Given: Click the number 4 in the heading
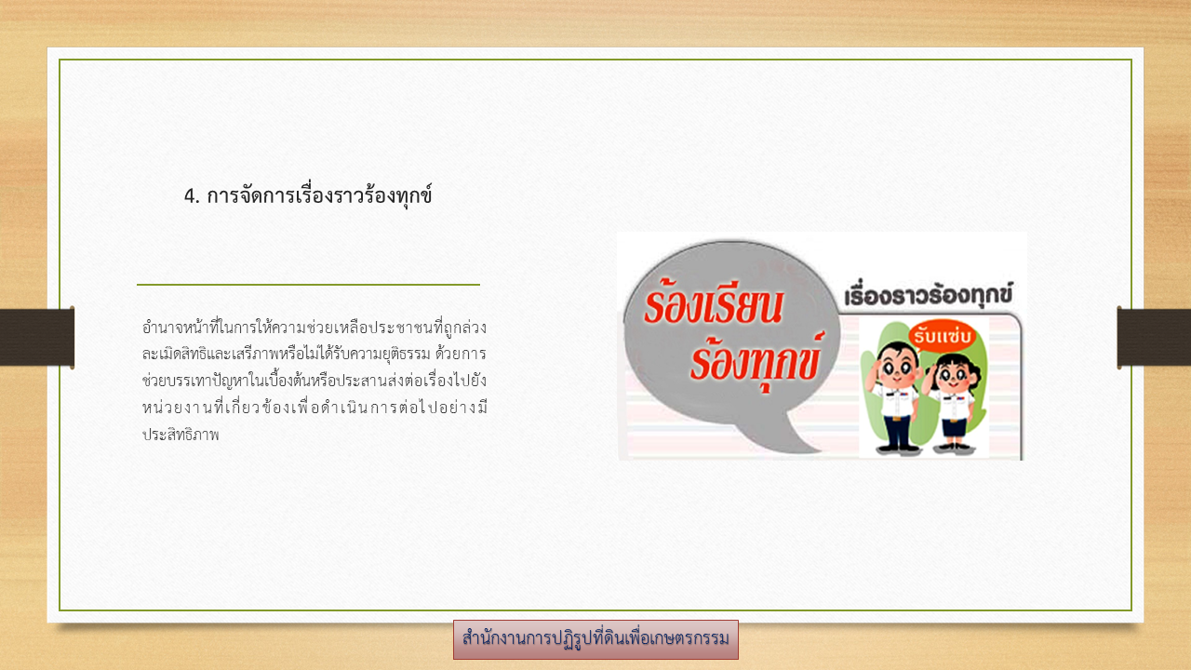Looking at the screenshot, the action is coord(191,196).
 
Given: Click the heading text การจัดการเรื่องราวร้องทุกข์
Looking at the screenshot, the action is coord(319,195).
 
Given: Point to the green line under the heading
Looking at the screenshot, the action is coord(308,285).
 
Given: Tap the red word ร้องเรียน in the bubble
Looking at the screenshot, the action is coord(713,305).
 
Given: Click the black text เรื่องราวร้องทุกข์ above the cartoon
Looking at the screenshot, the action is coord(929,295).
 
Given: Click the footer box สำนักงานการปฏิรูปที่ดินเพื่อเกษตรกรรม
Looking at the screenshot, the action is coord(595,639).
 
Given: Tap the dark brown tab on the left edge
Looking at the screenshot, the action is coord(37,337).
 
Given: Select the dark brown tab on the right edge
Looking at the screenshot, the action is coord(1154,337).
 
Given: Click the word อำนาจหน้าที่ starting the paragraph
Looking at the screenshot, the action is coord(181,326).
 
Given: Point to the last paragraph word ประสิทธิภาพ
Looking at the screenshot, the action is coord(181,435).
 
